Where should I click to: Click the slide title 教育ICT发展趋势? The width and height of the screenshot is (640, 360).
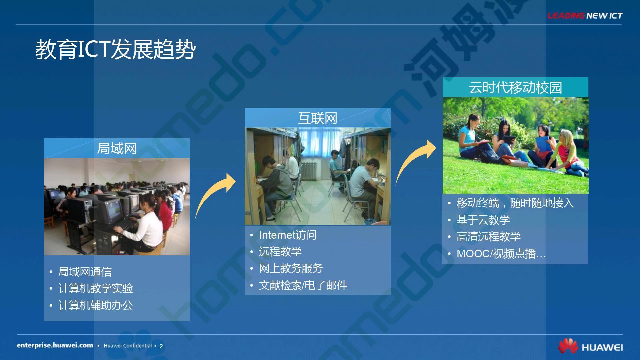coord(115,50)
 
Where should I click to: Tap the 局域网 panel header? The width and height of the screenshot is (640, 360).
coord(117,148)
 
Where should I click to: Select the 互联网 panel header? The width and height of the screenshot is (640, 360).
coord(317,118)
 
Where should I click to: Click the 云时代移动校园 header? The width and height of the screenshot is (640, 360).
coord(515,87)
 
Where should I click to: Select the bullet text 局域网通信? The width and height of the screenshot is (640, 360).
coord(85,272)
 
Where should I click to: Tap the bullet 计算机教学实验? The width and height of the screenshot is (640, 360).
coord(96,288)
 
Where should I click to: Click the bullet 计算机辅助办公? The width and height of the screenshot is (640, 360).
coord(96,305)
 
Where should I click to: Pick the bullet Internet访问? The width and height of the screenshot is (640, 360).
coord(288,235)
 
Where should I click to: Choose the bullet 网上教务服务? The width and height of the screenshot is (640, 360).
coord(291,268)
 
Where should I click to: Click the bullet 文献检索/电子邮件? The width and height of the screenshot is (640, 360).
coord(303,285)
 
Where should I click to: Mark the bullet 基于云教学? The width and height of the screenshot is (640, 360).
coord(483,220)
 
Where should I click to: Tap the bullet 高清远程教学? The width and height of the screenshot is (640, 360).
coord(489,237)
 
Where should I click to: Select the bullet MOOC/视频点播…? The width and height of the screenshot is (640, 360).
coord(501,254)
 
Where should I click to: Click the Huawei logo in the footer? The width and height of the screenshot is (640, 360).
coord(590,346)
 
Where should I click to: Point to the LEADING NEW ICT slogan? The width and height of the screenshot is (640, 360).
coord(585,16)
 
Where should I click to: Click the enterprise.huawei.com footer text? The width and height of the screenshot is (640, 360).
coord(55,345)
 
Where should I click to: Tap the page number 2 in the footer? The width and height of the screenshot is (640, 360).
coord(161,346)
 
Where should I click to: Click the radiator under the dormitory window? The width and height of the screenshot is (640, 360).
coord(310,170)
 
